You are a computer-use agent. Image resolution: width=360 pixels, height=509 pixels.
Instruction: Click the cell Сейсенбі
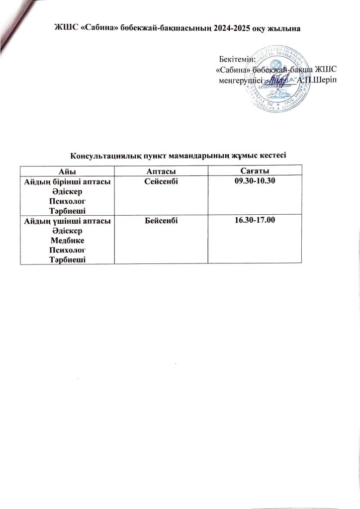click(161, 182)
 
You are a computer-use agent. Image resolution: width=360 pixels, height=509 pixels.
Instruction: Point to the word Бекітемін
click(237, 60)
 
